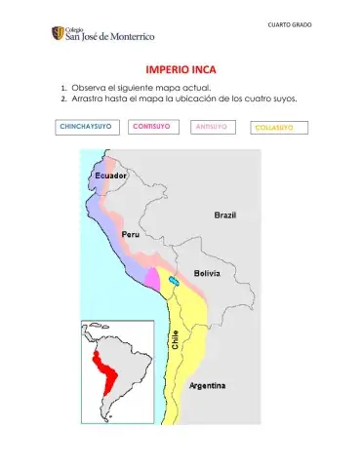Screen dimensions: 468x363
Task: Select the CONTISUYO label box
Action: [152, 127]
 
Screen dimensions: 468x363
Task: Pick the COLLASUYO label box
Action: [280, 128]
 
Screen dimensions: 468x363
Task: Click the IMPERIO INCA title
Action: [181, 70]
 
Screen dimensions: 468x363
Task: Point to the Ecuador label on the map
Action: [110, 175]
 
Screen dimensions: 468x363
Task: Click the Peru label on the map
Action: [131, 235]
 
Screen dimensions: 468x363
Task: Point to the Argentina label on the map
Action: [207, 386]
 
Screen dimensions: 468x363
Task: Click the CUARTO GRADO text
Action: [290, 23]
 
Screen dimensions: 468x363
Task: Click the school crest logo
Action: [59, 34]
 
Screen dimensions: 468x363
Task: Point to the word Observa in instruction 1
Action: [90, 88]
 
